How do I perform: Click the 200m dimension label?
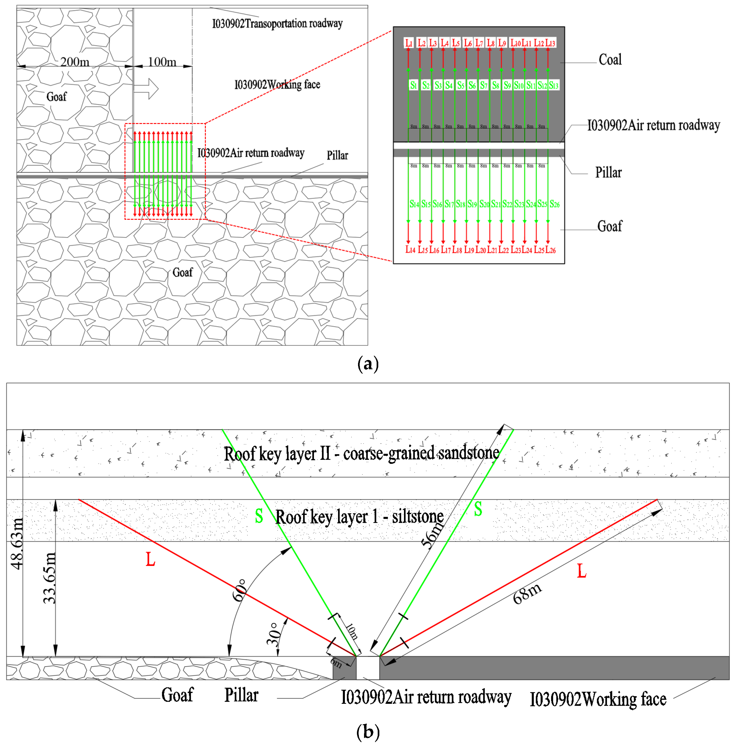75,62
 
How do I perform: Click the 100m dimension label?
162,62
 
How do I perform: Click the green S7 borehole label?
484,85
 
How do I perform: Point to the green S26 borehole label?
554,204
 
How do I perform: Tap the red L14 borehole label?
410,250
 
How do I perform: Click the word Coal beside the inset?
610,60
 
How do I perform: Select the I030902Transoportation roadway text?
277,24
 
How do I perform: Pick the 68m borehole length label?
527,593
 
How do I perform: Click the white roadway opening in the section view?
368,668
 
